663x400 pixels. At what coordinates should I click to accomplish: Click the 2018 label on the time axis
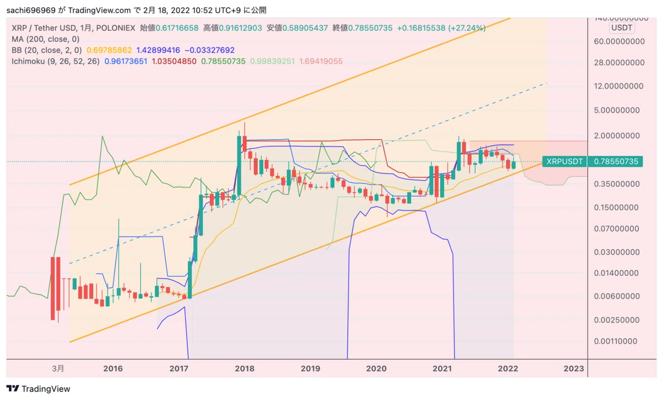point(244,369)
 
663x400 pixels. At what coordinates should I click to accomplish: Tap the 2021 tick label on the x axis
point(442,369)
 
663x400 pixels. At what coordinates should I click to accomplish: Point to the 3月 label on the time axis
point(58,369)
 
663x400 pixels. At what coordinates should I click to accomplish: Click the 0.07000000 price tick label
point(616,229)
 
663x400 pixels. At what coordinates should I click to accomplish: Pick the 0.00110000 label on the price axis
point(615,341)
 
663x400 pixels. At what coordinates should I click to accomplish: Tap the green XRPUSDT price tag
point(565,161)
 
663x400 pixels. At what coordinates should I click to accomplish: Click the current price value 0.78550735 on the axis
point(616,161)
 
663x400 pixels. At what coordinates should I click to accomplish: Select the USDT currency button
point(622,28)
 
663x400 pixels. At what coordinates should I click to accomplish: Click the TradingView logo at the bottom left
point(38,389)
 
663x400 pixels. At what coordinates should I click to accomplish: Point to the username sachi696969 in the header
point(31,10)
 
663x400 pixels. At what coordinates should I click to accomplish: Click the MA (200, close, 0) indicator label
point(45,39)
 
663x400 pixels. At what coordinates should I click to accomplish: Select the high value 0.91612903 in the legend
point(240,28)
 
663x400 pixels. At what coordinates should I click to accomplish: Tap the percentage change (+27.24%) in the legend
point(467,28)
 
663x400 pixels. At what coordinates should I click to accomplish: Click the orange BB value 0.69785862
point(109,50)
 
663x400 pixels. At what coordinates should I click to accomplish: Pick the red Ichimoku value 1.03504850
point(174,61)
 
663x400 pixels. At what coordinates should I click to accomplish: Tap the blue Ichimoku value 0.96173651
point(126,61)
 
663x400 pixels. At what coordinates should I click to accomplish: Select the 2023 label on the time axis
point(573,369)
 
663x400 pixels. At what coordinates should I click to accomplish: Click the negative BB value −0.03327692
point(209,50)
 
